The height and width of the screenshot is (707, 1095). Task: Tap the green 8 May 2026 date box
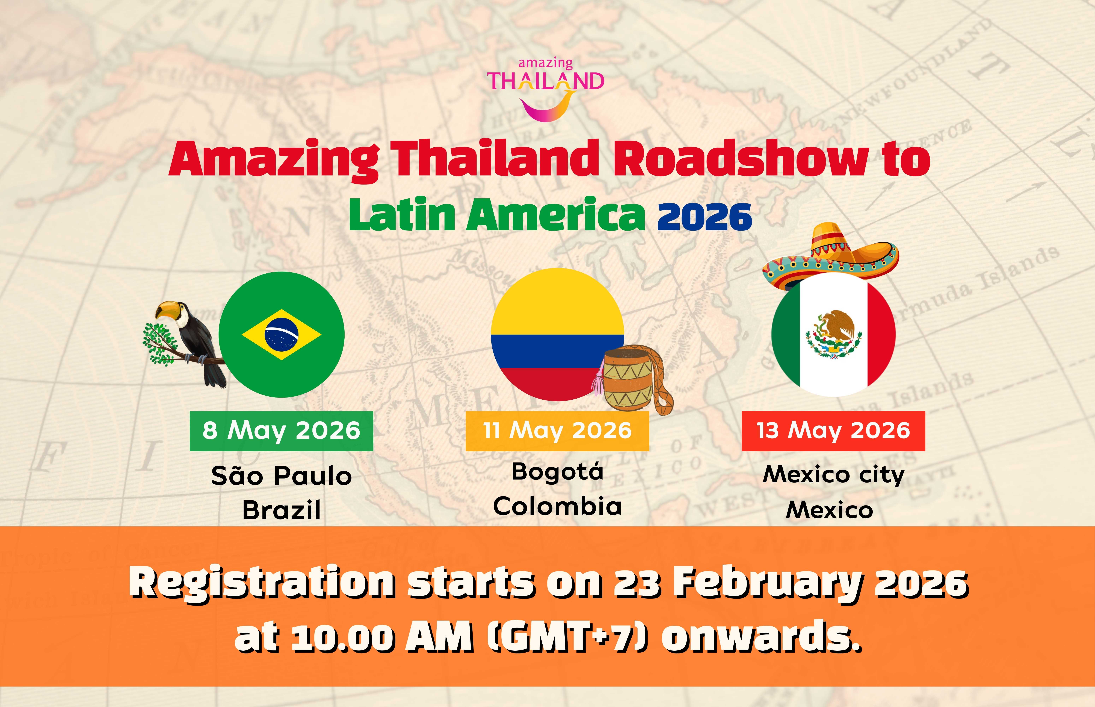click(282, 431)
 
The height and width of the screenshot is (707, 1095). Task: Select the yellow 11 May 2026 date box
click(557, 431)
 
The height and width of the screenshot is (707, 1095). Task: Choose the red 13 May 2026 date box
click(833, 431)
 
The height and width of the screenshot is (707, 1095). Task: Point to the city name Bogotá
click(557, 472)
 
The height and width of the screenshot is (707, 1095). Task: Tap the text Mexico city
click(833, 475)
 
